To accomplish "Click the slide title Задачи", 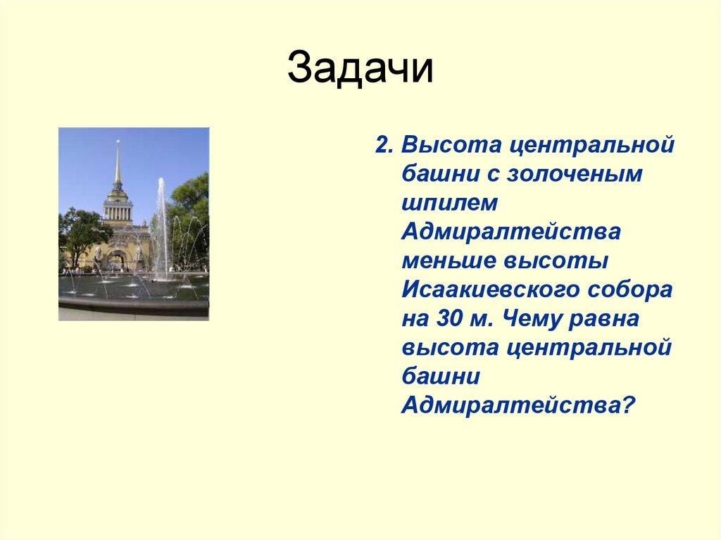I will point(360,68).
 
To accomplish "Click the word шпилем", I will point(450,202).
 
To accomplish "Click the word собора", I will point(632,289).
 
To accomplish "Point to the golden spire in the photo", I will point(118,162).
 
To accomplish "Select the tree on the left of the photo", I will point(77,232).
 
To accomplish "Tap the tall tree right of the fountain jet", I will point(192,211).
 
